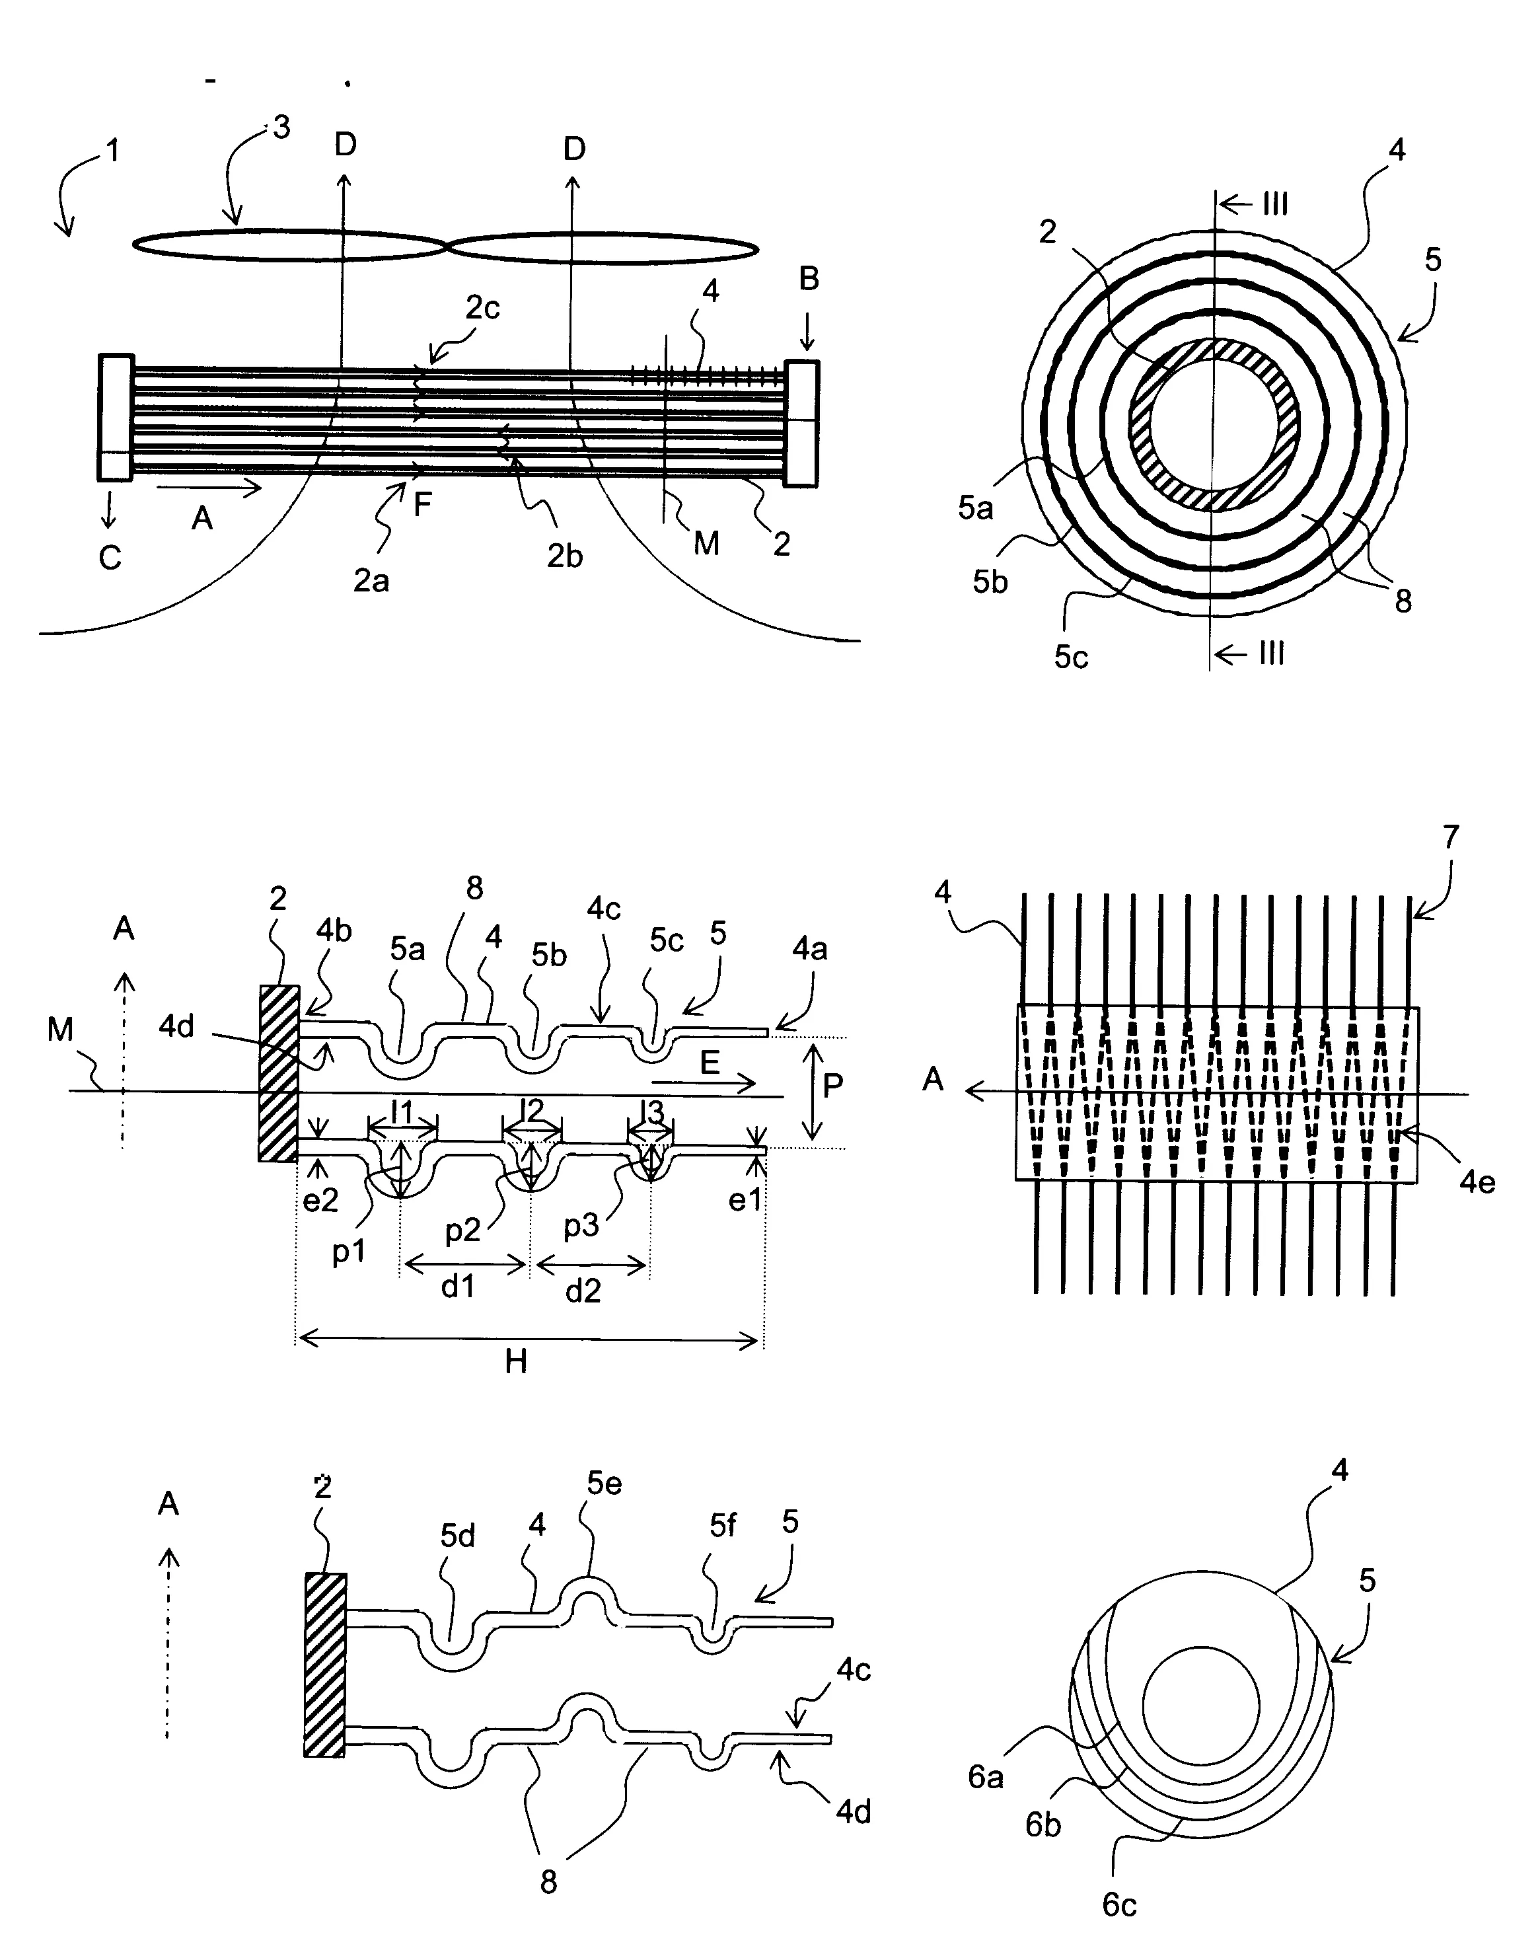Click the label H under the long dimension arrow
point(515,1362)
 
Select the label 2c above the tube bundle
point(483,309)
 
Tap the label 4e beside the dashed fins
point(1477,1182)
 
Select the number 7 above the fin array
point(1451,838)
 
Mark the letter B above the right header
point(809,280)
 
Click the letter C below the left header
point(110,558)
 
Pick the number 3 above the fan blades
point(281,128)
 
